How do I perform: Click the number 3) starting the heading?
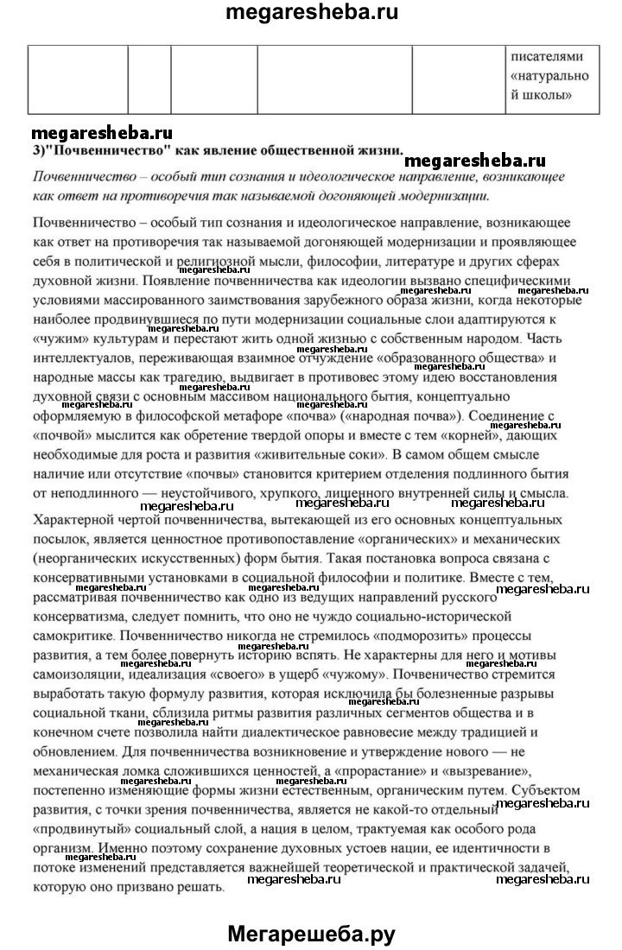click(x=38, y=149)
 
